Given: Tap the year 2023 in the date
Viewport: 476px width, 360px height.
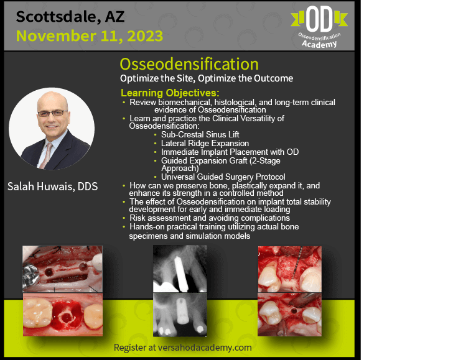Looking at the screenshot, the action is (145, 36).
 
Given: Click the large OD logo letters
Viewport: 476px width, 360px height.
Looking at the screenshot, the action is (319, 19).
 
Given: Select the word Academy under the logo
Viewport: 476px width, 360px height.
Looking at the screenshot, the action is (319, 44).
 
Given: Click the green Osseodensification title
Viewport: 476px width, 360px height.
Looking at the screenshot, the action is (189, 64).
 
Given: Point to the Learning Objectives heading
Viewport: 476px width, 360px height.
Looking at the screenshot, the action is (170, 93).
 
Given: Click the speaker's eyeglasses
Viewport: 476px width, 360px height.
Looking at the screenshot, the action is (52, 113).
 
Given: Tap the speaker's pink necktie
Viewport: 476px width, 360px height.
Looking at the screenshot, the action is (45, 155).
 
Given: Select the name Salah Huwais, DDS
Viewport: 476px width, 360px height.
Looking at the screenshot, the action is (52, 186).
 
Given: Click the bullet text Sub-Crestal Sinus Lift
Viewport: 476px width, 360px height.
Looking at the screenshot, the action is (200, 134).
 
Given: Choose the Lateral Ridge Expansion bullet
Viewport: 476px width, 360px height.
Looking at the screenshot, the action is (205, 143).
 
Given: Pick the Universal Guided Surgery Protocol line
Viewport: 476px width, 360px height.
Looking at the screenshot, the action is (223, 177).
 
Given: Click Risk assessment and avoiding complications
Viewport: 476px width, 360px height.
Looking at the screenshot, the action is (210, 218).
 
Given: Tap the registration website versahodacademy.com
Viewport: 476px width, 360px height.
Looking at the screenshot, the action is (205, 348).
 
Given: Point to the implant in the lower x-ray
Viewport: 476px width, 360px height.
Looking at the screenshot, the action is (182, 310).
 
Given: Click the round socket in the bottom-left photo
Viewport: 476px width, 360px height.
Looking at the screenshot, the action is (65, 317).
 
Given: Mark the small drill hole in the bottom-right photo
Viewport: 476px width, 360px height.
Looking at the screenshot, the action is (294, 311).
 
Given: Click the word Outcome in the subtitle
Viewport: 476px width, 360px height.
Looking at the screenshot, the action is (274, 78).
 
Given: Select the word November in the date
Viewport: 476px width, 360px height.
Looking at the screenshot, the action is (56, 36).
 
